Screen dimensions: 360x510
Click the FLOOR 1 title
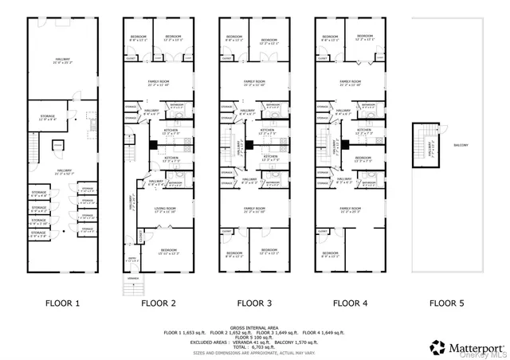click(x=60, y=303)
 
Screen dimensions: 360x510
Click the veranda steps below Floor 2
click(x=127, y=284)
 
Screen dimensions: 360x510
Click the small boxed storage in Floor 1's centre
click(x=58, y=145)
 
